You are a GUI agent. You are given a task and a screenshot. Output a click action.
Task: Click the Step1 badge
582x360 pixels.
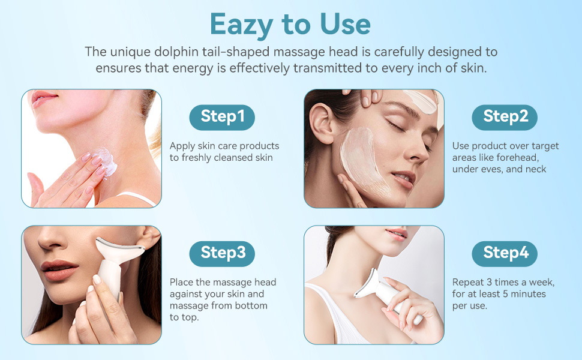[x=222, y=117]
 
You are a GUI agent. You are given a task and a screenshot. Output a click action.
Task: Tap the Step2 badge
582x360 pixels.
[x=505, y=117]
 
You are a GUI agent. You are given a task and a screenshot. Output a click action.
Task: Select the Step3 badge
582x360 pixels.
[x=222, y=254]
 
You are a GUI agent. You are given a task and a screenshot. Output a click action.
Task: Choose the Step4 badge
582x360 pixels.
[x=505, y=254]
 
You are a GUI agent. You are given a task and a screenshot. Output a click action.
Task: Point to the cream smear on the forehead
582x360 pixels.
[x=421, y=101]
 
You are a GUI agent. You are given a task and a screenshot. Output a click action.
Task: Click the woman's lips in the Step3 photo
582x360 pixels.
[x=59, y=270]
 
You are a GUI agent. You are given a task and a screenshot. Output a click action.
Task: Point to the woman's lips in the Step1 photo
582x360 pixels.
[x=43, y=98]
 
